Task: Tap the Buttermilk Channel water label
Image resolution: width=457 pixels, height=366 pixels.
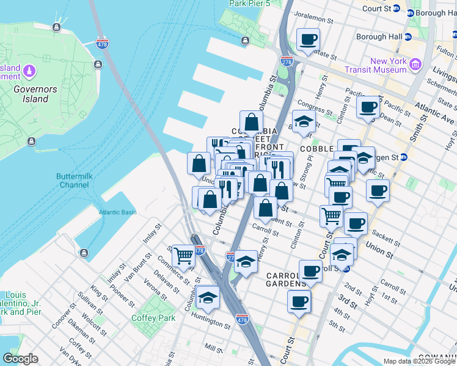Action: click(x=73, y=180)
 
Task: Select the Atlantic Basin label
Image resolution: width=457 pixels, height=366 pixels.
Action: click(x=118, y=212)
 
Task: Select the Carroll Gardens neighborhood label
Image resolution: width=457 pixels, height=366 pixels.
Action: click(x=286, y=279)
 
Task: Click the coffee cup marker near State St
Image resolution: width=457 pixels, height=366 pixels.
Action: click(x=308, y=40)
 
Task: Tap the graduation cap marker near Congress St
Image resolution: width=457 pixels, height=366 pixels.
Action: click(x=302, y=122)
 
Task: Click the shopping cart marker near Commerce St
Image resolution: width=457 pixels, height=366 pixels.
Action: click(x=183, y=256)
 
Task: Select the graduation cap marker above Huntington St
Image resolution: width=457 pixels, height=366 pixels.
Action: click(x=208, y=297)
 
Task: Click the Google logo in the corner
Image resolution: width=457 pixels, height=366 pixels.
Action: click(x=20, y=359)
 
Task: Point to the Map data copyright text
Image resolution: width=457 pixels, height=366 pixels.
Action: click(x=419, y=361)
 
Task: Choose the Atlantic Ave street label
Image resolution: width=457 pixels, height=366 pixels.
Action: click(x=436, y=110)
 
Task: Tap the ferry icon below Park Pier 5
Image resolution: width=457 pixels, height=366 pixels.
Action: click(x=245, y=41)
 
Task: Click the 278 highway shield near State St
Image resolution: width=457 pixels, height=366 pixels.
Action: click(x=286, y=62)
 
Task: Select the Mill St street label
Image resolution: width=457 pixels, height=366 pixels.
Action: click(x=214, y=348)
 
